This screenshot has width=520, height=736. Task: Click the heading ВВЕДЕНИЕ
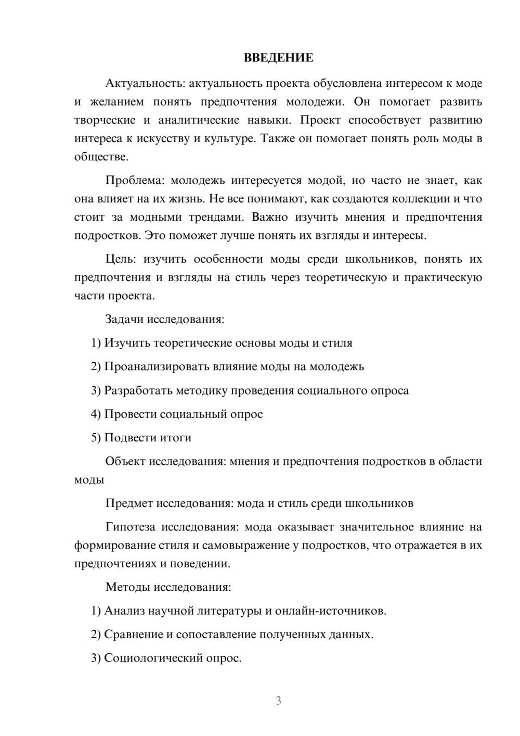coord(278,58)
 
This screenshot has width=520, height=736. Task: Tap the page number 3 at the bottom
coord(278,701)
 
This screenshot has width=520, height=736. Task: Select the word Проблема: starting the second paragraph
coord(135,181)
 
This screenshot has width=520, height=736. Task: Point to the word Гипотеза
coord(130,527)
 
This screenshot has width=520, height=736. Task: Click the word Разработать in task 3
coord(138,390)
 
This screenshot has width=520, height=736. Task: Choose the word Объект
coord(125,461)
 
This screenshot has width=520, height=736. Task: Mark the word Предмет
coord(129,503)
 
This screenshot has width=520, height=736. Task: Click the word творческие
coord(105,120)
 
